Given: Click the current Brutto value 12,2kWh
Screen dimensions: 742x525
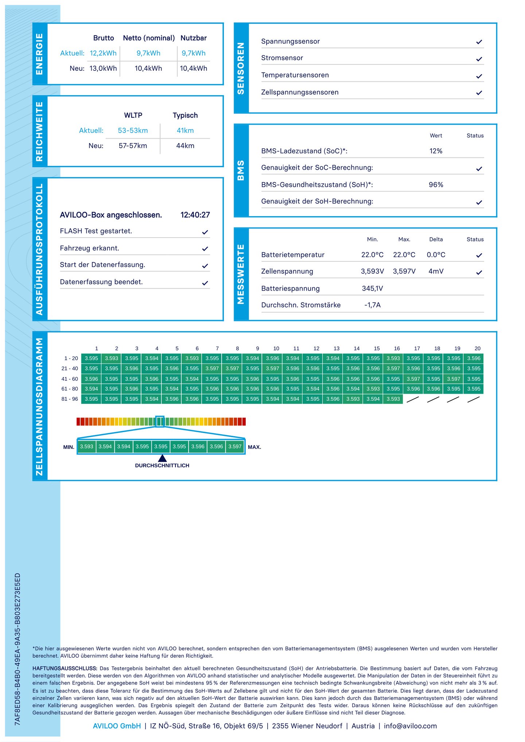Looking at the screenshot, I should (x=103, y=53).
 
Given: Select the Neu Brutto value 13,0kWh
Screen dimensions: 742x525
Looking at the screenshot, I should (x=103, y=68).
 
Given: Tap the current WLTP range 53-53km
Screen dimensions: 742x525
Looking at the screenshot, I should (x=133, y=130).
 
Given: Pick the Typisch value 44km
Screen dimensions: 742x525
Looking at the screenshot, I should (x=185, y=146).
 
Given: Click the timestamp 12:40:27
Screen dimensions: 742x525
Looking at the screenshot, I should (x=195, y=215).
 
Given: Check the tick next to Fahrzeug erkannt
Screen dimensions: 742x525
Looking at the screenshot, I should (x=205, y=249).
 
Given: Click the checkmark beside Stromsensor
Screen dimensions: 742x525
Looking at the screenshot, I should (x=479, y=59).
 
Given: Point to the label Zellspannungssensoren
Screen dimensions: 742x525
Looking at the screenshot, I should (x=300, y=92).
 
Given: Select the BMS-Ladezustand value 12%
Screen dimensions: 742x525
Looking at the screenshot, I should (x=436, y=151).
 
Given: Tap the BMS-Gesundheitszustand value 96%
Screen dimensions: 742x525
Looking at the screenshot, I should (x=436, y=185).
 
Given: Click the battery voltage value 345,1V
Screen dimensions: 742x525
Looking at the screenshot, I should (x=372, y=288).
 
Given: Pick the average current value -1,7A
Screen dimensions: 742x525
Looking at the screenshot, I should (x=372, y=305).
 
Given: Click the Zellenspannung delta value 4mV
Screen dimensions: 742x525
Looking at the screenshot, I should (x=436, y=271).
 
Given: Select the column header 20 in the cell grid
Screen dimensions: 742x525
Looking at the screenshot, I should (x=477, y=349).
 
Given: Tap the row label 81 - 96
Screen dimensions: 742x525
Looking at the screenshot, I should (x=70, y=399).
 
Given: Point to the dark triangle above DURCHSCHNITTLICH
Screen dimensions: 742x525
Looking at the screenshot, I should (x=162, y=458).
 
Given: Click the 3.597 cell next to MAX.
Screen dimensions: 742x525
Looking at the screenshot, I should (x=235, y=446).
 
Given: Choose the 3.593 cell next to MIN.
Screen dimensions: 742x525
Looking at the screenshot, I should (x=87, y=446).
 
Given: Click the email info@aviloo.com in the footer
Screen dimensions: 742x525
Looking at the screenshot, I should (x=410, y=726).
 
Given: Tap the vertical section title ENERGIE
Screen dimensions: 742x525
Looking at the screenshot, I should (x=39, y=54).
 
